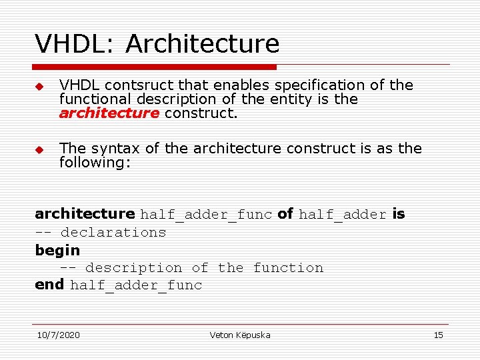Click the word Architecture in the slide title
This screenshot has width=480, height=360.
tap(202, 44)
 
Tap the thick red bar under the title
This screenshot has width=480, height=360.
tap(155, 67)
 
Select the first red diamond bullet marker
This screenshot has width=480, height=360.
tap(39, 87)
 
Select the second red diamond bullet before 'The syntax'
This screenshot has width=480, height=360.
tap(39, 149)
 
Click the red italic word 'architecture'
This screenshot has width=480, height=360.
tap(109, 113)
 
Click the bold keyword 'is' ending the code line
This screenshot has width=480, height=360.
tap(398, 214)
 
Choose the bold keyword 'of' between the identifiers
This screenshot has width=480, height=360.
tap(285, 214)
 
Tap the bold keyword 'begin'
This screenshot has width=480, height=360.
tap(57, 251)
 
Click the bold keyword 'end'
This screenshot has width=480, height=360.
tap(49, 285)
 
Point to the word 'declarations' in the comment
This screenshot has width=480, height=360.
tap(113, 233)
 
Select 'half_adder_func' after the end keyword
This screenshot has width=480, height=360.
tap(136, 286)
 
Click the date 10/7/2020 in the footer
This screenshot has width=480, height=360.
tap(58, 335)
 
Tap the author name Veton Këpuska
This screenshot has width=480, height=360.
tap(240, 335)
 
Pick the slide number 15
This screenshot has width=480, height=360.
tap(438, 335)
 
